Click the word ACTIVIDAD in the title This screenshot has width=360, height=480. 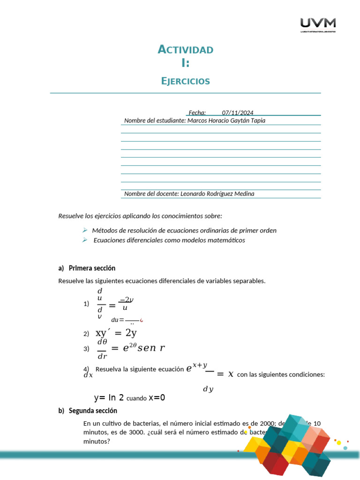[x=186, y=50]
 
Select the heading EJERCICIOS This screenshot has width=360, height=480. [x=186, y=81]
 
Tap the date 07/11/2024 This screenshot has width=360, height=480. [x=238, y=112]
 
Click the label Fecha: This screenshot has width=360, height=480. [x=197, y=112]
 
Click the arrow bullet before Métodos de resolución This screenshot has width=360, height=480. [x=85, y=230]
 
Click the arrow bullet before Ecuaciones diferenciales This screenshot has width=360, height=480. [x=85, y=240]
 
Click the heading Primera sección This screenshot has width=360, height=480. [x=92, y=268]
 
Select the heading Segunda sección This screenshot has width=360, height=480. [x=93, y=411]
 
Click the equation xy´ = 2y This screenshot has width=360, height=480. [x=116, y=333]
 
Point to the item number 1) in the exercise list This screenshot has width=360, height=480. [x=86, y=304]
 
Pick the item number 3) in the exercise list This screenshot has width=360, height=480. [x=86, y=348]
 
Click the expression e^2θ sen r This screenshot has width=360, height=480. [x=144, y=348]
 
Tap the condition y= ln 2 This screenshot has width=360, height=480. [x=109, y=397]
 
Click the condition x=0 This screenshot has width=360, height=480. [x=157, y=397]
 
